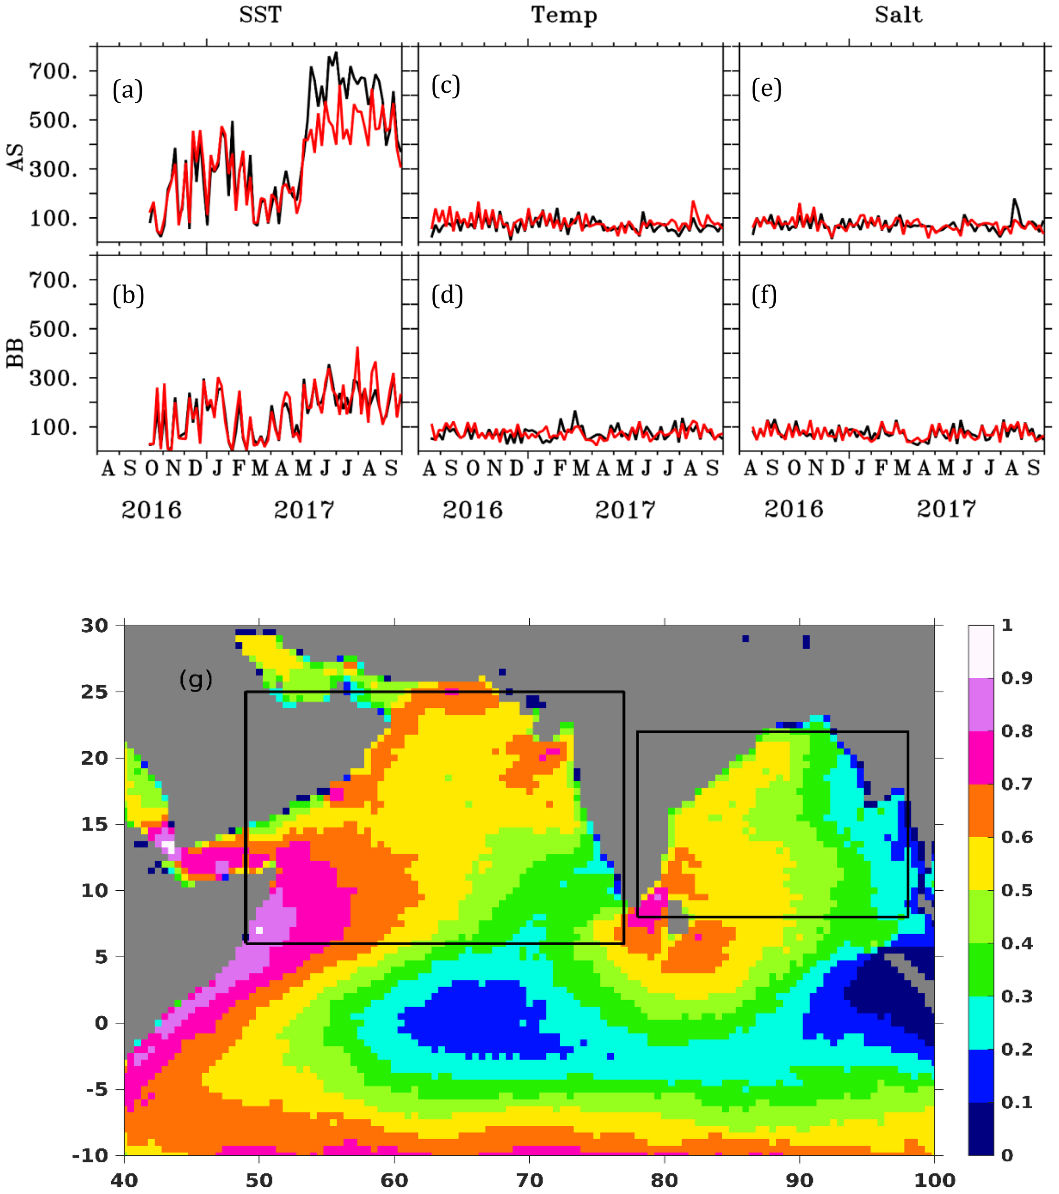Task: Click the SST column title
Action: click(x=260, y=15)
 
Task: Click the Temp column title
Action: click(x=564, y=15)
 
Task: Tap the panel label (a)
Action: click(x=128, y=91)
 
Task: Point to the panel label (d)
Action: click(x=447, y=296)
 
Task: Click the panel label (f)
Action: click(x=764, y=296)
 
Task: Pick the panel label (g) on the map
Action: click(x=196, y=679)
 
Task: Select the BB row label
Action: click(x=16, y=353)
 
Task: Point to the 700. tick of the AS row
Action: click(x=53, y=71)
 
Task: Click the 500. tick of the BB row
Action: click(x=53, y=329)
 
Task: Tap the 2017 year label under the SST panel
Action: click(x=304, y=511)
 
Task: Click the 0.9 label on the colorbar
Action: click(x=1016, y=678)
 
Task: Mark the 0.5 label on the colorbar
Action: click(x=1016, y=890)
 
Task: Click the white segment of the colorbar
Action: click(x=981, y=651)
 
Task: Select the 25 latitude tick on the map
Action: click(x=95, y=692)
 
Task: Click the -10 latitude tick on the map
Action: click(x=91, y=1155)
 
